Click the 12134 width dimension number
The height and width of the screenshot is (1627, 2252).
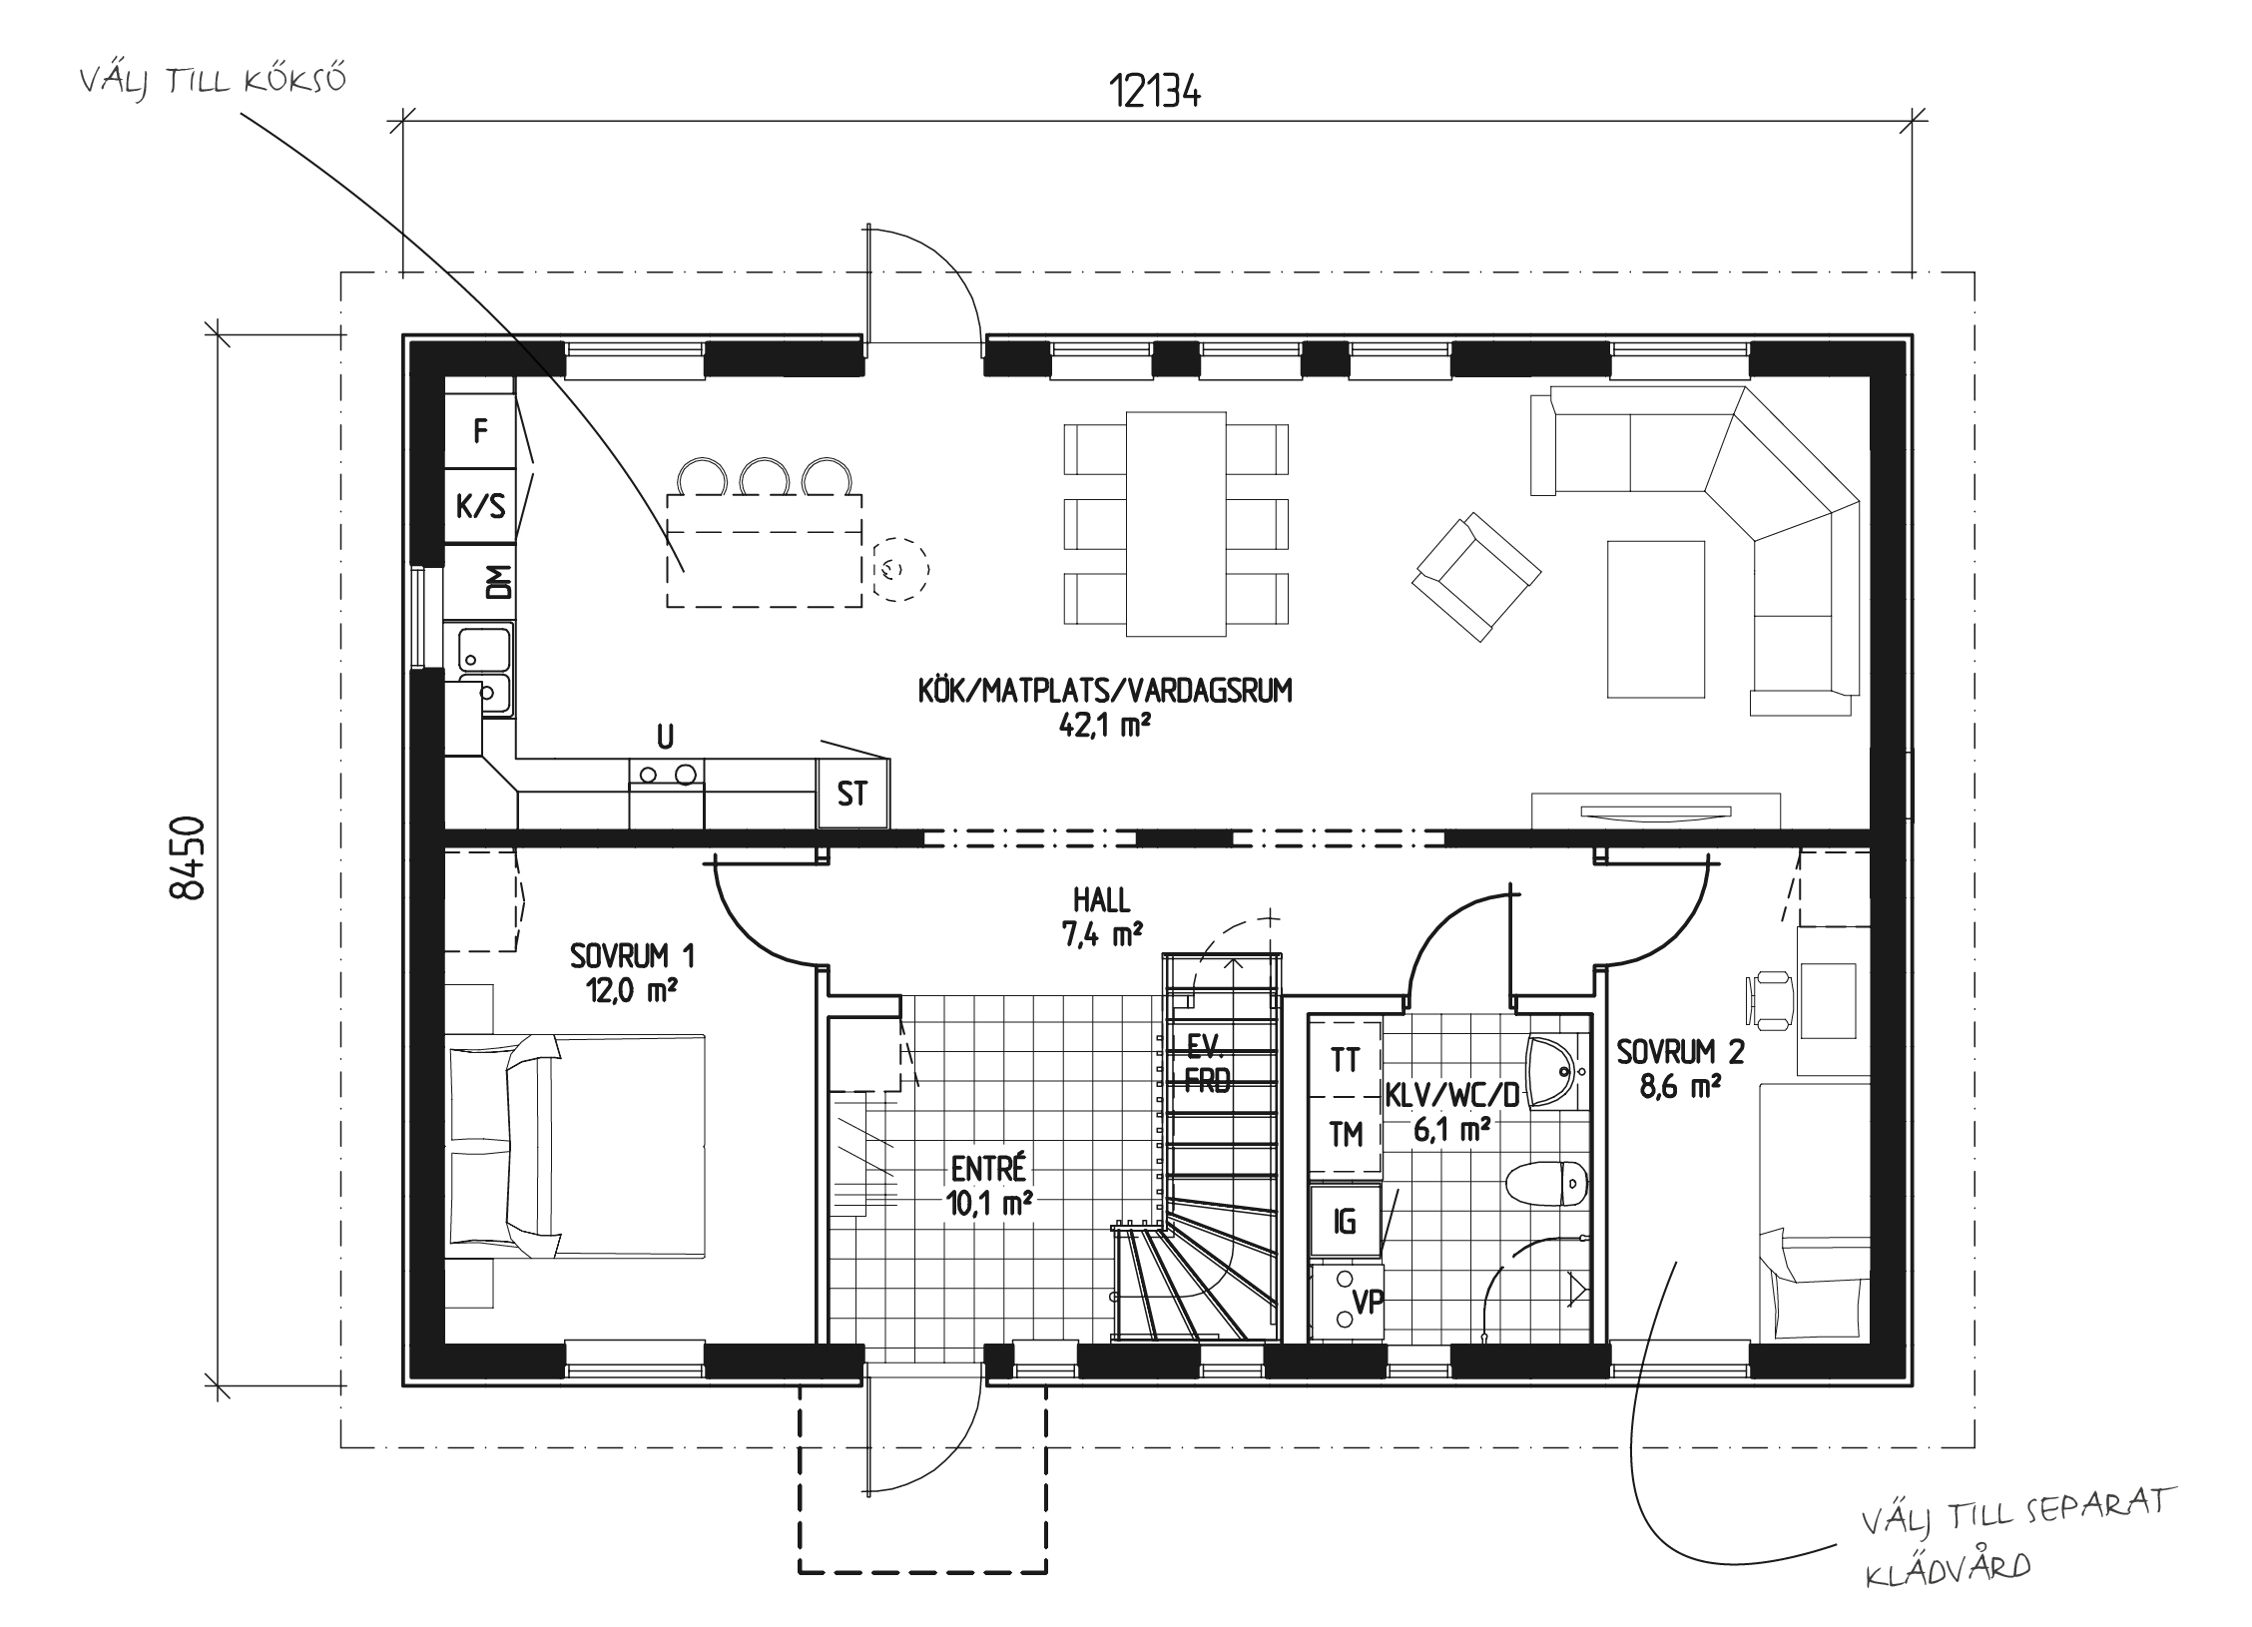1155,93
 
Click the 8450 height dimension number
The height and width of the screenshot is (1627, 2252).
188,858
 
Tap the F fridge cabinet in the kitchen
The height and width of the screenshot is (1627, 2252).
480,431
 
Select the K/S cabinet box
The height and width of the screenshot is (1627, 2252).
480,507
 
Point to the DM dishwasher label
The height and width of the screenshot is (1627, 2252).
498,582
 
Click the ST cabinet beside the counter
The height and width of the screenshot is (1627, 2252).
852,794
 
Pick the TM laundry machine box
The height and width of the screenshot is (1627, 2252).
1346,1134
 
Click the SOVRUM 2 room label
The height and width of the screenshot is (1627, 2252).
1681,1069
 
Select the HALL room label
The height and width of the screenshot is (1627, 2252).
1102,917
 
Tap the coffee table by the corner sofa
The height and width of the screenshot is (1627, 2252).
1655,618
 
